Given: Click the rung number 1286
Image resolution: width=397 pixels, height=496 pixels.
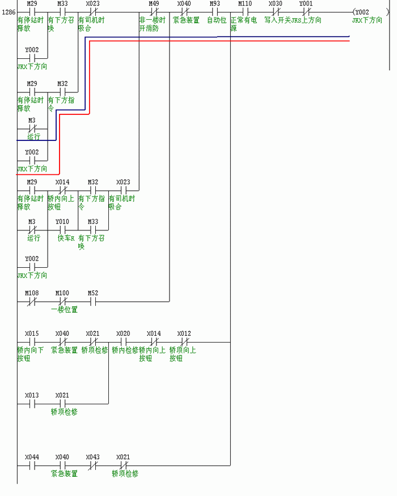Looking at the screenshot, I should tap(9, 11).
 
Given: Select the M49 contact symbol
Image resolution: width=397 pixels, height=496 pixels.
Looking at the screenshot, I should tap(154, 11).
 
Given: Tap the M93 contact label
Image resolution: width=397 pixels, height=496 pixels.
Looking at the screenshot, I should tap(215, 4).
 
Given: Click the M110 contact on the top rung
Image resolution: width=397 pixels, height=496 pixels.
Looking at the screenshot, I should tap(245, 11).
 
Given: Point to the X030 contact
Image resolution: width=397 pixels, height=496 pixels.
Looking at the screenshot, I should tap(276, 11).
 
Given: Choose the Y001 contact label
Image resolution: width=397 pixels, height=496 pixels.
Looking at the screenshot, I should tap(306, 4).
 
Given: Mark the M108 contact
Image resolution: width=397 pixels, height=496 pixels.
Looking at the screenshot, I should tap(32, 302).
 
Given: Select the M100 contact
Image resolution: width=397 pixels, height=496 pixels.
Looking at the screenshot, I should tap(62, 302).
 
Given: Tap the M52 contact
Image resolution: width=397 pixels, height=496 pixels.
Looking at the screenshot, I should tap(93, 302).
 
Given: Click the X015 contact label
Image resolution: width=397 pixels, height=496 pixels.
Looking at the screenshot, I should tap(32, 334).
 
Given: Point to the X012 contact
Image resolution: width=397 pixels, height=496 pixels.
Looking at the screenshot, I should tap(184, 342).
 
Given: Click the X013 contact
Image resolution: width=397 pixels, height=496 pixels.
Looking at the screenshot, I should tap(32, 404).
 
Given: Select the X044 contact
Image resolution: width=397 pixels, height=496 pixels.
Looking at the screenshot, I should tap(32, 465).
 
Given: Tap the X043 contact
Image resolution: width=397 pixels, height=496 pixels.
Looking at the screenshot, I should tap(93, 465).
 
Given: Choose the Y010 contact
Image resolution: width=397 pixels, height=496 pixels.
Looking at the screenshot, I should tap(62, 230).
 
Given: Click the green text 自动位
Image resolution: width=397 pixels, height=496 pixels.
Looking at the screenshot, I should tap(216, 20).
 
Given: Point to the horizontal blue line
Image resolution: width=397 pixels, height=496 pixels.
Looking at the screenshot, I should tap(227, 37).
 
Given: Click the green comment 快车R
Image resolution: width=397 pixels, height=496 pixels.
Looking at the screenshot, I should tap(66, 238).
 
